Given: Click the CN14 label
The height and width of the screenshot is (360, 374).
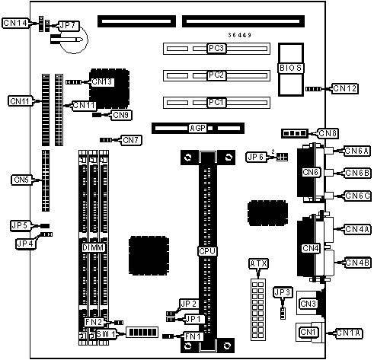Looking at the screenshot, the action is point(15,23).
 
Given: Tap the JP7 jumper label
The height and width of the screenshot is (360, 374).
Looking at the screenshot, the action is point(69,26).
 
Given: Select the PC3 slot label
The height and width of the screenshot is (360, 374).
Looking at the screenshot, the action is point(216,48).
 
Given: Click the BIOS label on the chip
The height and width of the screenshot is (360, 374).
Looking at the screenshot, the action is point(290,68).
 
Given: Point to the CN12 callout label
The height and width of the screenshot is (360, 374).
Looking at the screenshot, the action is point(345,88).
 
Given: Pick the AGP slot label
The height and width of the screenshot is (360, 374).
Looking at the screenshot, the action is point(197,128).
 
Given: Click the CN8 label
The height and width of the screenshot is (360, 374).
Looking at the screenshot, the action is point(328,133).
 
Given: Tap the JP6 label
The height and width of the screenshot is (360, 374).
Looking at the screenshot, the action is point(256,157).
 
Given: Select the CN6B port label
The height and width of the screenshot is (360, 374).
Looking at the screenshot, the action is point(357,173).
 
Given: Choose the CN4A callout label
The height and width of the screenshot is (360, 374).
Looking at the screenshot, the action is point(357,229).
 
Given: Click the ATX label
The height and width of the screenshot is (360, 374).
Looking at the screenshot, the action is point(258,264).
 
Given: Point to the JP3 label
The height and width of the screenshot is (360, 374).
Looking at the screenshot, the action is point(283,292).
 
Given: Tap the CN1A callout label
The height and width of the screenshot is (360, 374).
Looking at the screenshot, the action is point(349,333).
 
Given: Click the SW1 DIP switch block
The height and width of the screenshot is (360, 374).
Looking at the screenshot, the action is point(142,332).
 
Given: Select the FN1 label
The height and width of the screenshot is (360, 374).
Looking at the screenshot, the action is point(193,336).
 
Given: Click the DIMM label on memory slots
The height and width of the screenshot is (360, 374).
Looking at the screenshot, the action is point(94,247).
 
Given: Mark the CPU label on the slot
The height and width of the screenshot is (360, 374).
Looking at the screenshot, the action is point(207,251).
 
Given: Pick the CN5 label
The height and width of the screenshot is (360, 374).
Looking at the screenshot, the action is point(21,180).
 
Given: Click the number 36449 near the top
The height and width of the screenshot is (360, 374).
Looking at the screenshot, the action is point(240,35).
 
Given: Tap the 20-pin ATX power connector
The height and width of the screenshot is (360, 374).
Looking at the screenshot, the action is point(258,310).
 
